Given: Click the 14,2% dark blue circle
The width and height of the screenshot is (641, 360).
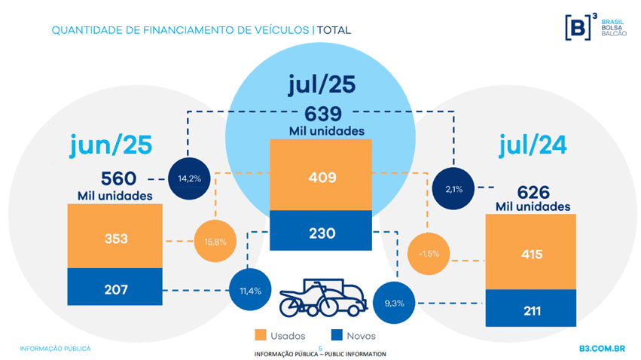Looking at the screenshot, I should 188,178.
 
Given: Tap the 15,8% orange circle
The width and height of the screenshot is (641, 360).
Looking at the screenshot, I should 216,241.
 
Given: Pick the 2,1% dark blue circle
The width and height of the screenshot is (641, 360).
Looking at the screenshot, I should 454,188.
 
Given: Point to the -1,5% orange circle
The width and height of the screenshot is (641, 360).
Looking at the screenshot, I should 427,253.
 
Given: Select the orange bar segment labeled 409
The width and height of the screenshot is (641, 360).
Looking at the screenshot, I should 321,178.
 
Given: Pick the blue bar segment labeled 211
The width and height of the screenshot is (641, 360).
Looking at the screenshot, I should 531,310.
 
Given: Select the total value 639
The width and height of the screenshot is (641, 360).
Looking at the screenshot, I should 324,114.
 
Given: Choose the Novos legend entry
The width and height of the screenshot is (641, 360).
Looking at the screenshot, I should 350,335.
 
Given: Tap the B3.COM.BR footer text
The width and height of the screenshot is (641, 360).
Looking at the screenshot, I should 603,349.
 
